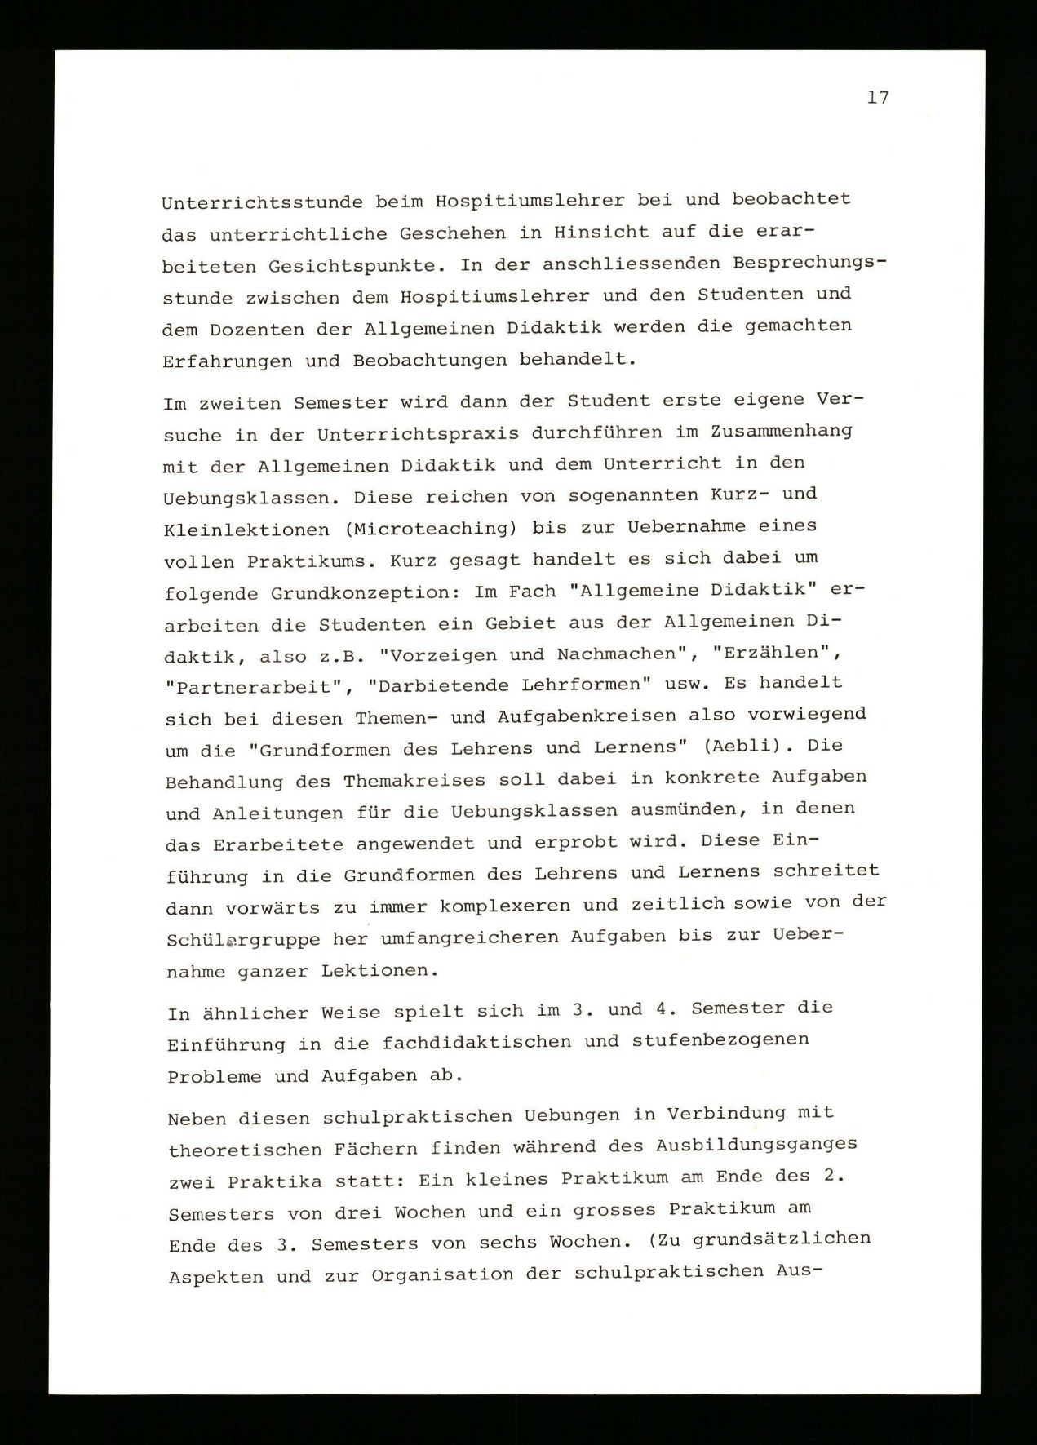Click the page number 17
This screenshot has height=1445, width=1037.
click(x=878, y=98)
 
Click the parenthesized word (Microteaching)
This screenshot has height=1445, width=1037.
click(x=431, y=528)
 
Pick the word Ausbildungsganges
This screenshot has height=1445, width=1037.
click(x=756, y=1144)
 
